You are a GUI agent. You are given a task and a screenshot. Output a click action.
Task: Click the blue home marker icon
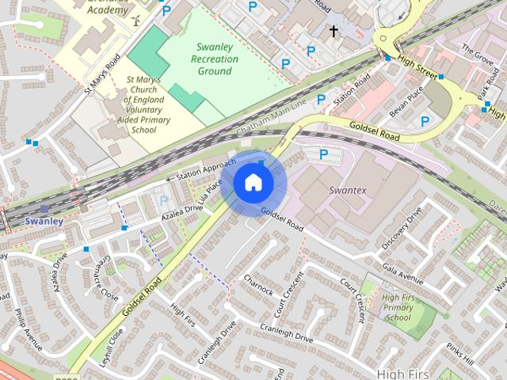[x=253, y=183]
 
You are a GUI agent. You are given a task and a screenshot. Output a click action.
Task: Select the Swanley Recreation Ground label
[x=215, y=59]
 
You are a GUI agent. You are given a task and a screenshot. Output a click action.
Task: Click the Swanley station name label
[x=44, y=221]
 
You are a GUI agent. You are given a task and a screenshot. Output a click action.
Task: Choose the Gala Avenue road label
[x=402, y=273]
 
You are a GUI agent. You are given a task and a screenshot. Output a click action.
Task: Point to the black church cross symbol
[x=334, y=32]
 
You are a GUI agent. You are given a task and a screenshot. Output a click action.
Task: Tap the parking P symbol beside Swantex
[x=323, y=154]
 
